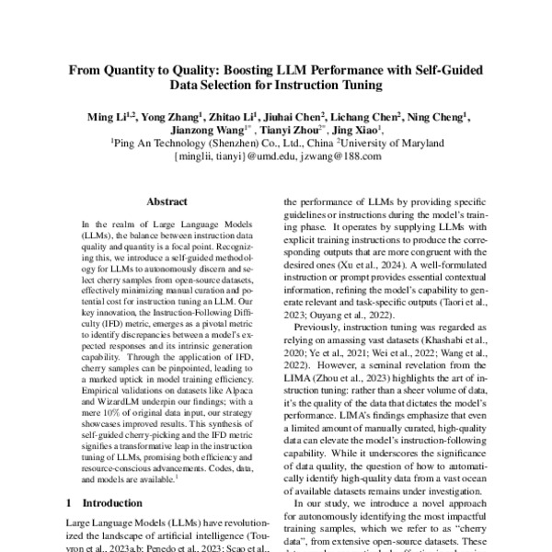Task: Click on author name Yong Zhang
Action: (x=172, y=117)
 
